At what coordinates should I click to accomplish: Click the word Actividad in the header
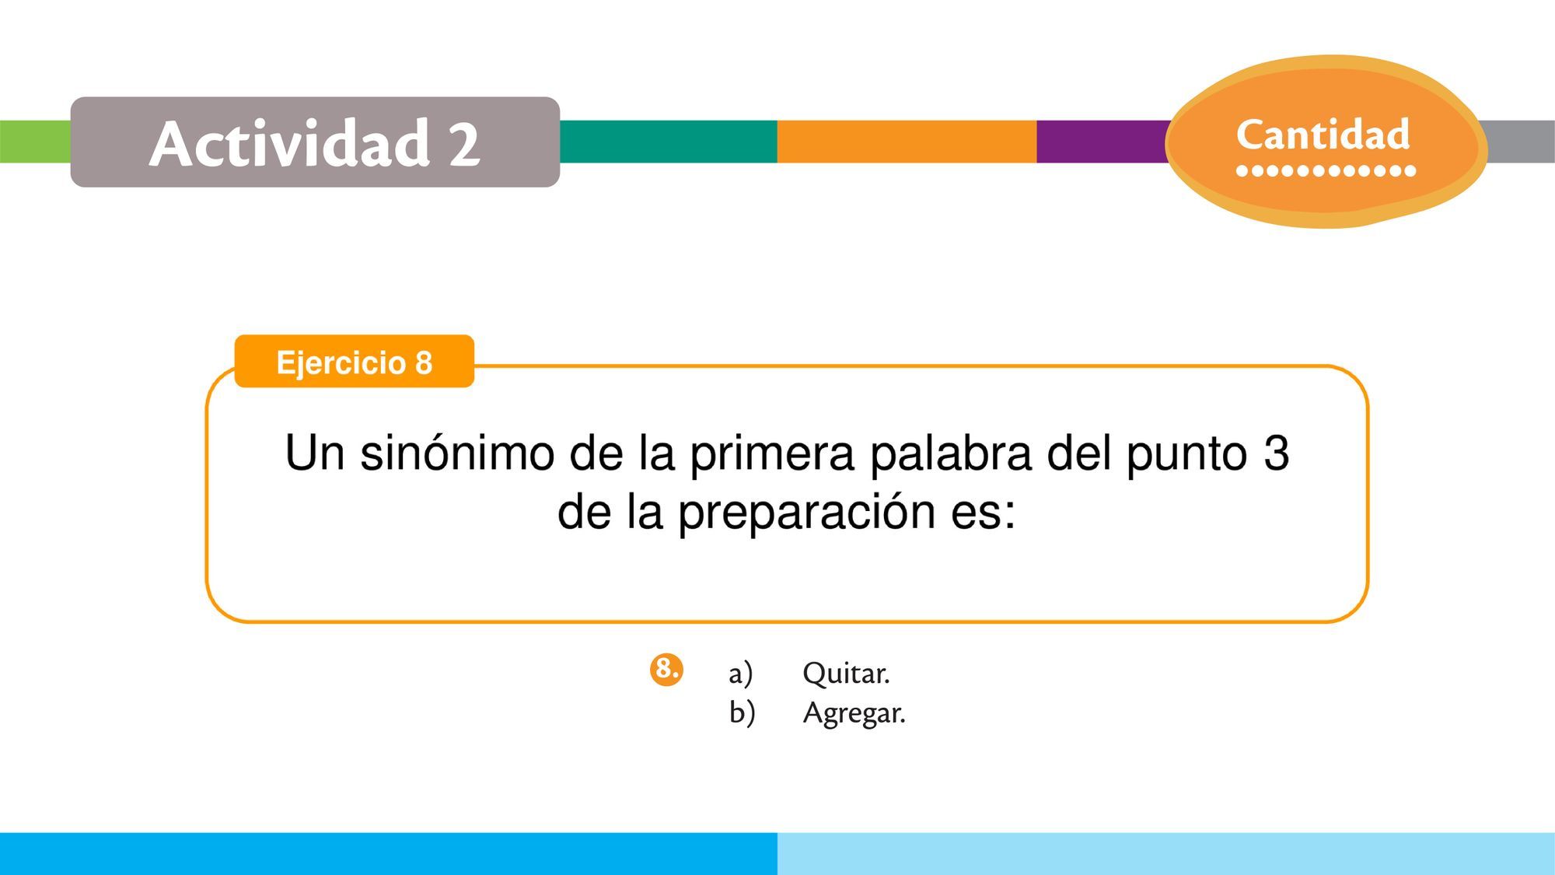tap(290, 143)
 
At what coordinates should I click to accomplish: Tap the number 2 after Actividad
tap(464, 145)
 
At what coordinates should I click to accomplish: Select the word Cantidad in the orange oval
tap(1323, 135)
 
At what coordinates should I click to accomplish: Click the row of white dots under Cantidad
tap(1326, 171)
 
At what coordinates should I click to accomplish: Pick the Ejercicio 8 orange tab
tap(355, 362)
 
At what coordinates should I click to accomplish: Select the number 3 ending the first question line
tap(1276, 453)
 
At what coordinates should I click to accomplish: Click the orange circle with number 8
tap(666, 670)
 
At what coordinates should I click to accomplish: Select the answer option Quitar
tap(846, 674)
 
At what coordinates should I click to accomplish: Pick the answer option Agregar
tap(854, 713)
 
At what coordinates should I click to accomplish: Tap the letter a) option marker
tap(740, 674)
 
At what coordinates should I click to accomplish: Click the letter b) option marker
tap(742, 712)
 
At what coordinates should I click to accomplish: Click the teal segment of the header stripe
tap(668, 142)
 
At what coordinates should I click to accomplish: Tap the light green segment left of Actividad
tap(35, 142)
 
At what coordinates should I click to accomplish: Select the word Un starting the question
tap(314, 453)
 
